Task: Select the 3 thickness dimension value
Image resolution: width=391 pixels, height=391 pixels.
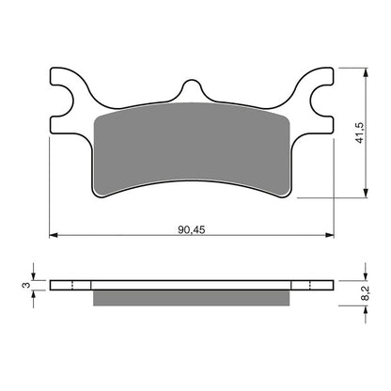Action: click(25, 285)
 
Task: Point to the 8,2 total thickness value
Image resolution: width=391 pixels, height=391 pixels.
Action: click(375, 291)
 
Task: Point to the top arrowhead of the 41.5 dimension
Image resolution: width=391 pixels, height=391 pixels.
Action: click(362, 71)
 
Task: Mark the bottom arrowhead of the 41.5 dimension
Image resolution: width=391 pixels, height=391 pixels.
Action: click(362, 194)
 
